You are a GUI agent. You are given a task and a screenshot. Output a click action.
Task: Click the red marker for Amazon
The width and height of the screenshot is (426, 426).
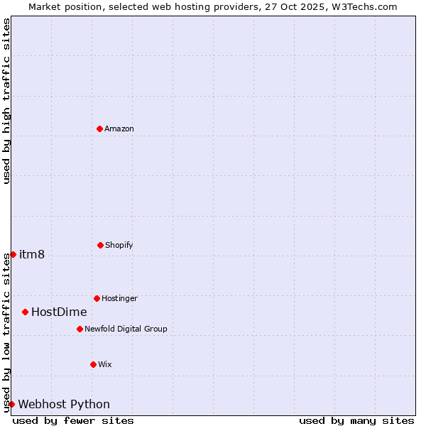click(x=99, y=129)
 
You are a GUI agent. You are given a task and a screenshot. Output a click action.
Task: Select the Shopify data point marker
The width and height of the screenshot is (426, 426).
click(x=100, y=245)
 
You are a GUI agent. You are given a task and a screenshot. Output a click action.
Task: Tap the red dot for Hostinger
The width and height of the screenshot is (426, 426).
click(x=97, y=298)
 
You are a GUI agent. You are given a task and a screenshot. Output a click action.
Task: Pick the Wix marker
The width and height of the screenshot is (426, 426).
click(x=93, y=364)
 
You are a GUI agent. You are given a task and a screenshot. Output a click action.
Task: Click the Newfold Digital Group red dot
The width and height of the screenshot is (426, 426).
click(x=80, y=329)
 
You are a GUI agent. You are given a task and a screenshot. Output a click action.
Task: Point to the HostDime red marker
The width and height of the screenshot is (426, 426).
click(x=25, y=312)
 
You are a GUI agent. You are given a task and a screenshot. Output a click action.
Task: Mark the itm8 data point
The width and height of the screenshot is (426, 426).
click(x=13, y=254)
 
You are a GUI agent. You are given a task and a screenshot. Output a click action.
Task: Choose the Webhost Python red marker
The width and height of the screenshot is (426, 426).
click(x=11, y=404)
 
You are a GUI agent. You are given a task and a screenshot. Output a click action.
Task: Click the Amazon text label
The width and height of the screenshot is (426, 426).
click(x=119, y=129)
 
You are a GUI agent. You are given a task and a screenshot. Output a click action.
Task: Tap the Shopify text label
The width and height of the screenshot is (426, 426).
click(x=119, y=245)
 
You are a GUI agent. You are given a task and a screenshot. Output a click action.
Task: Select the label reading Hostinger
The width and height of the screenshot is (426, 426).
click(x=119, y=298)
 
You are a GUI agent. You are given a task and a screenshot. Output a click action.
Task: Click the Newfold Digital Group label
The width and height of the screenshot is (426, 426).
click(x=126, y=329)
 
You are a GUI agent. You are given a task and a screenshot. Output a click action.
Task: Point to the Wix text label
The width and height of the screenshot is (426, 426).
click(x=105, y=364)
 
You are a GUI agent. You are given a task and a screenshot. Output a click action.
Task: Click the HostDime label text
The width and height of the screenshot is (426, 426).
click(x=59, y=312)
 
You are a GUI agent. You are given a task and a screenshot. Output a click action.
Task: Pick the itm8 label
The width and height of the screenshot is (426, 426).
click(x=32, y=254)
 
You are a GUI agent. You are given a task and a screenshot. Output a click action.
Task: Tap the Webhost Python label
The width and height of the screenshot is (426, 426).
click(x=64, y=404)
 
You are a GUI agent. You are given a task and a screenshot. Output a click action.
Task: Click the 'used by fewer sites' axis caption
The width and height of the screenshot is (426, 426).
click(x=73, y=420)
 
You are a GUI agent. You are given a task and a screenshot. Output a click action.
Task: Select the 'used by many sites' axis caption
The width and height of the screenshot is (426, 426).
click(x=356, y=420)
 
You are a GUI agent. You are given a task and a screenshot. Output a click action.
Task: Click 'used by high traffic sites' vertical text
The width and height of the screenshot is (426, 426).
click(x=6, y=101)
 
